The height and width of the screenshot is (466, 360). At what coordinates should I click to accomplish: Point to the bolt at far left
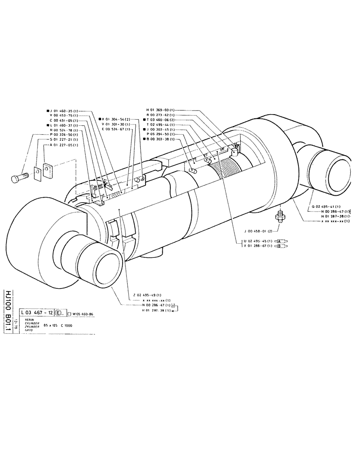[20, 177]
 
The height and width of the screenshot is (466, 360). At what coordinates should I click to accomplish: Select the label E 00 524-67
[117, 129]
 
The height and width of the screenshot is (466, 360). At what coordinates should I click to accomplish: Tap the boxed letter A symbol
[281, 241]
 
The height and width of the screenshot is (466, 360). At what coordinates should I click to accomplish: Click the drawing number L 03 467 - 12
[36, 313]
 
